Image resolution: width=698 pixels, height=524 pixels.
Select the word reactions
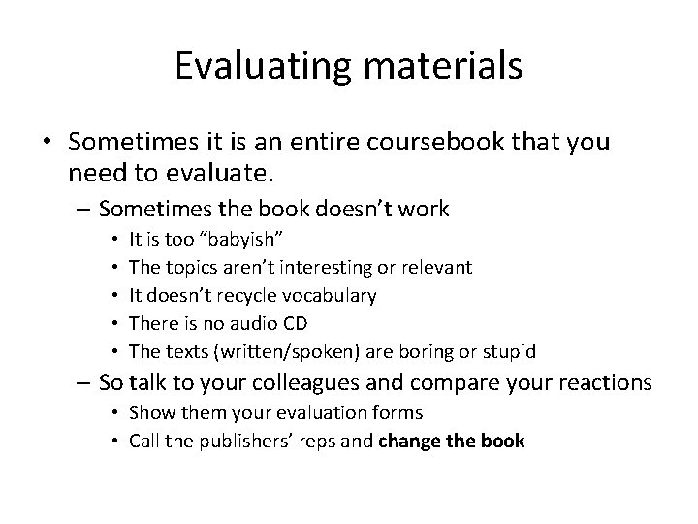(x=599, y=383)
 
